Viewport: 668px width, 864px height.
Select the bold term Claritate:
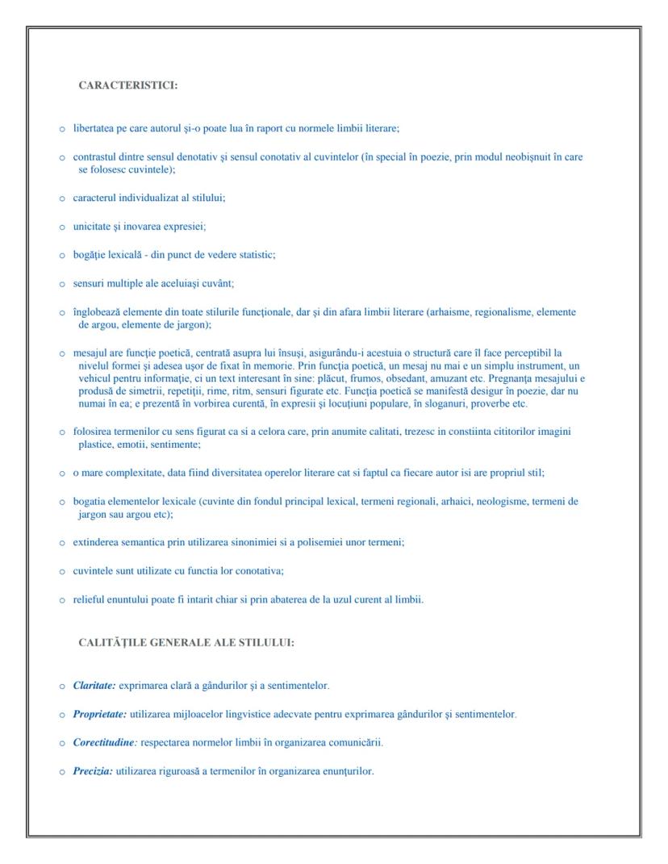coord(94,686)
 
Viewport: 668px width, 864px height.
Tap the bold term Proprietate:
coord(99,714)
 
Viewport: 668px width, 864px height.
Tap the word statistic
coord(256,255)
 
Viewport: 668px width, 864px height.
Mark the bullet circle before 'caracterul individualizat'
coord(62,198)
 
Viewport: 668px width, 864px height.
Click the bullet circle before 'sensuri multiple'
coord(62,284)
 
